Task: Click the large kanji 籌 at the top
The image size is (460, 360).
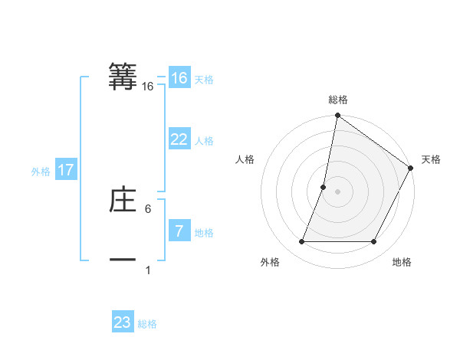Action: tap(123, 77)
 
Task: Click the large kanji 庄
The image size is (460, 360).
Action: tap(123, 201)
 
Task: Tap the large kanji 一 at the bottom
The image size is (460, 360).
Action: tap(123, 260)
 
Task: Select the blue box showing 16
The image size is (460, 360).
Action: tap(179, 78)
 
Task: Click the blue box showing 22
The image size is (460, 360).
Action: tap(179, 139)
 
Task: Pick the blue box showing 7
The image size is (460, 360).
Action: tap(179, 231)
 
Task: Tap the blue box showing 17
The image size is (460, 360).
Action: tap(66, 170)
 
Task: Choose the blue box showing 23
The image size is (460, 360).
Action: tap(123, 322)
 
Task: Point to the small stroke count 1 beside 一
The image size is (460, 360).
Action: tap(148, 270)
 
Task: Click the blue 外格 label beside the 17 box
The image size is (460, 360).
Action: tap(41, 172)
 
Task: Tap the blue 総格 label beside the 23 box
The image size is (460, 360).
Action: tap(147, 324)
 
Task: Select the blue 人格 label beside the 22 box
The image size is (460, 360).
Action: tap(204, 141)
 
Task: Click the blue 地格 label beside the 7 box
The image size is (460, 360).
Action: tap(204, 233)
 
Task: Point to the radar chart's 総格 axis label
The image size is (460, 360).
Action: tap(338, 100)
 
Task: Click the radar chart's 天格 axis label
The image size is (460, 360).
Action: tap(431, 159)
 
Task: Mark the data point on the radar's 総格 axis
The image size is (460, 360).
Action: tap(337, 116)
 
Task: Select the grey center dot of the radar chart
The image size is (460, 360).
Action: tap(337, 191)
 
